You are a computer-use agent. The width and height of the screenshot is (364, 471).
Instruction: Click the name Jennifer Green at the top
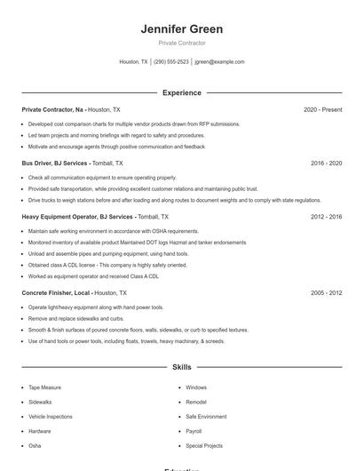181,29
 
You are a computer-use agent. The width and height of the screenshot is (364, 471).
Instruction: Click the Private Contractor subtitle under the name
181,43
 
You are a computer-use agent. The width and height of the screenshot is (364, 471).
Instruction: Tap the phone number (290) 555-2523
171,62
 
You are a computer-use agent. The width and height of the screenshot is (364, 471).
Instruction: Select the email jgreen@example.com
219,62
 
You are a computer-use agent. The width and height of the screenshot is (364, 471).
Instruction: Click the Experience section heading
181,92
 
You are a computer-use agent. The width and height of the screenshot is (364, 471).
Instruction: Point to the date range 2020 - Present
322,109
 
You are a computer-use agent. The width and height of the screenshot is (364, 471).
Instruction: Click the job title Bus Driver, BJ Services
55,164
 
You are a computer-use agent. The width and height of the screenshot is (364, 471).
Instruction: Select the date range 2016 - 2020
326,164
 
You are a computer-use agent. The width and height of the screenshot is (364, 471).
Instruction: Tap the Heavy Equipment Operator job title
78,217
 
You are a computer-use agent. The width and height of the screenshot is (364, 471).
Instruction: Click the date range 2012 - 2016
326,217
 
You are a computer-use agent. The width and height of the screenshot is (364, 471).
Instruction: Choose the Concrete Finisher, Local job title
56,292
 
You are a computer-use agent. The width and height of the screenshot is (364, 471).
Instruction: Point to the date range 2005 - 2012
326,292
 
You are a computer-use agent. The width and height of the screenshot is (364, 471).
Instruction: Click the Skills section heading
181,366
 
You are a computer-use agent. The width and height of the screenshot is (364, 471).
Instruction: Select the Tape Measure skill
44,387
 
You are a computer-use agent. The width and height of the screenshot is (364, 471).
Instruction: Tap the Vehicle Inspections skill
51,416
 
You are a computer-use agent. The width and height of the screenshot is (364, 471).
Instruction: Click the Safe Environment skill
206,416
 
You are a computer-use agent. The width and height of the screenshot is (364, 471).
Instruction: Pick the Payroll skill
194,431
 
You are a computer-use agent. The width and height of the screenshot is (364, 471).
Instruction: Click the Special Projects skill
204,445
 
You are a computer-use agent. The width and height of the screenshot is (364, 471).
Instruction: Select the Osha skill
35,445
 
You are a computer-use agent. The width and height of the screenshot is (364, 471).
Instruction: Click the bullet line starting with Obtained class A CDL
107,265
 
